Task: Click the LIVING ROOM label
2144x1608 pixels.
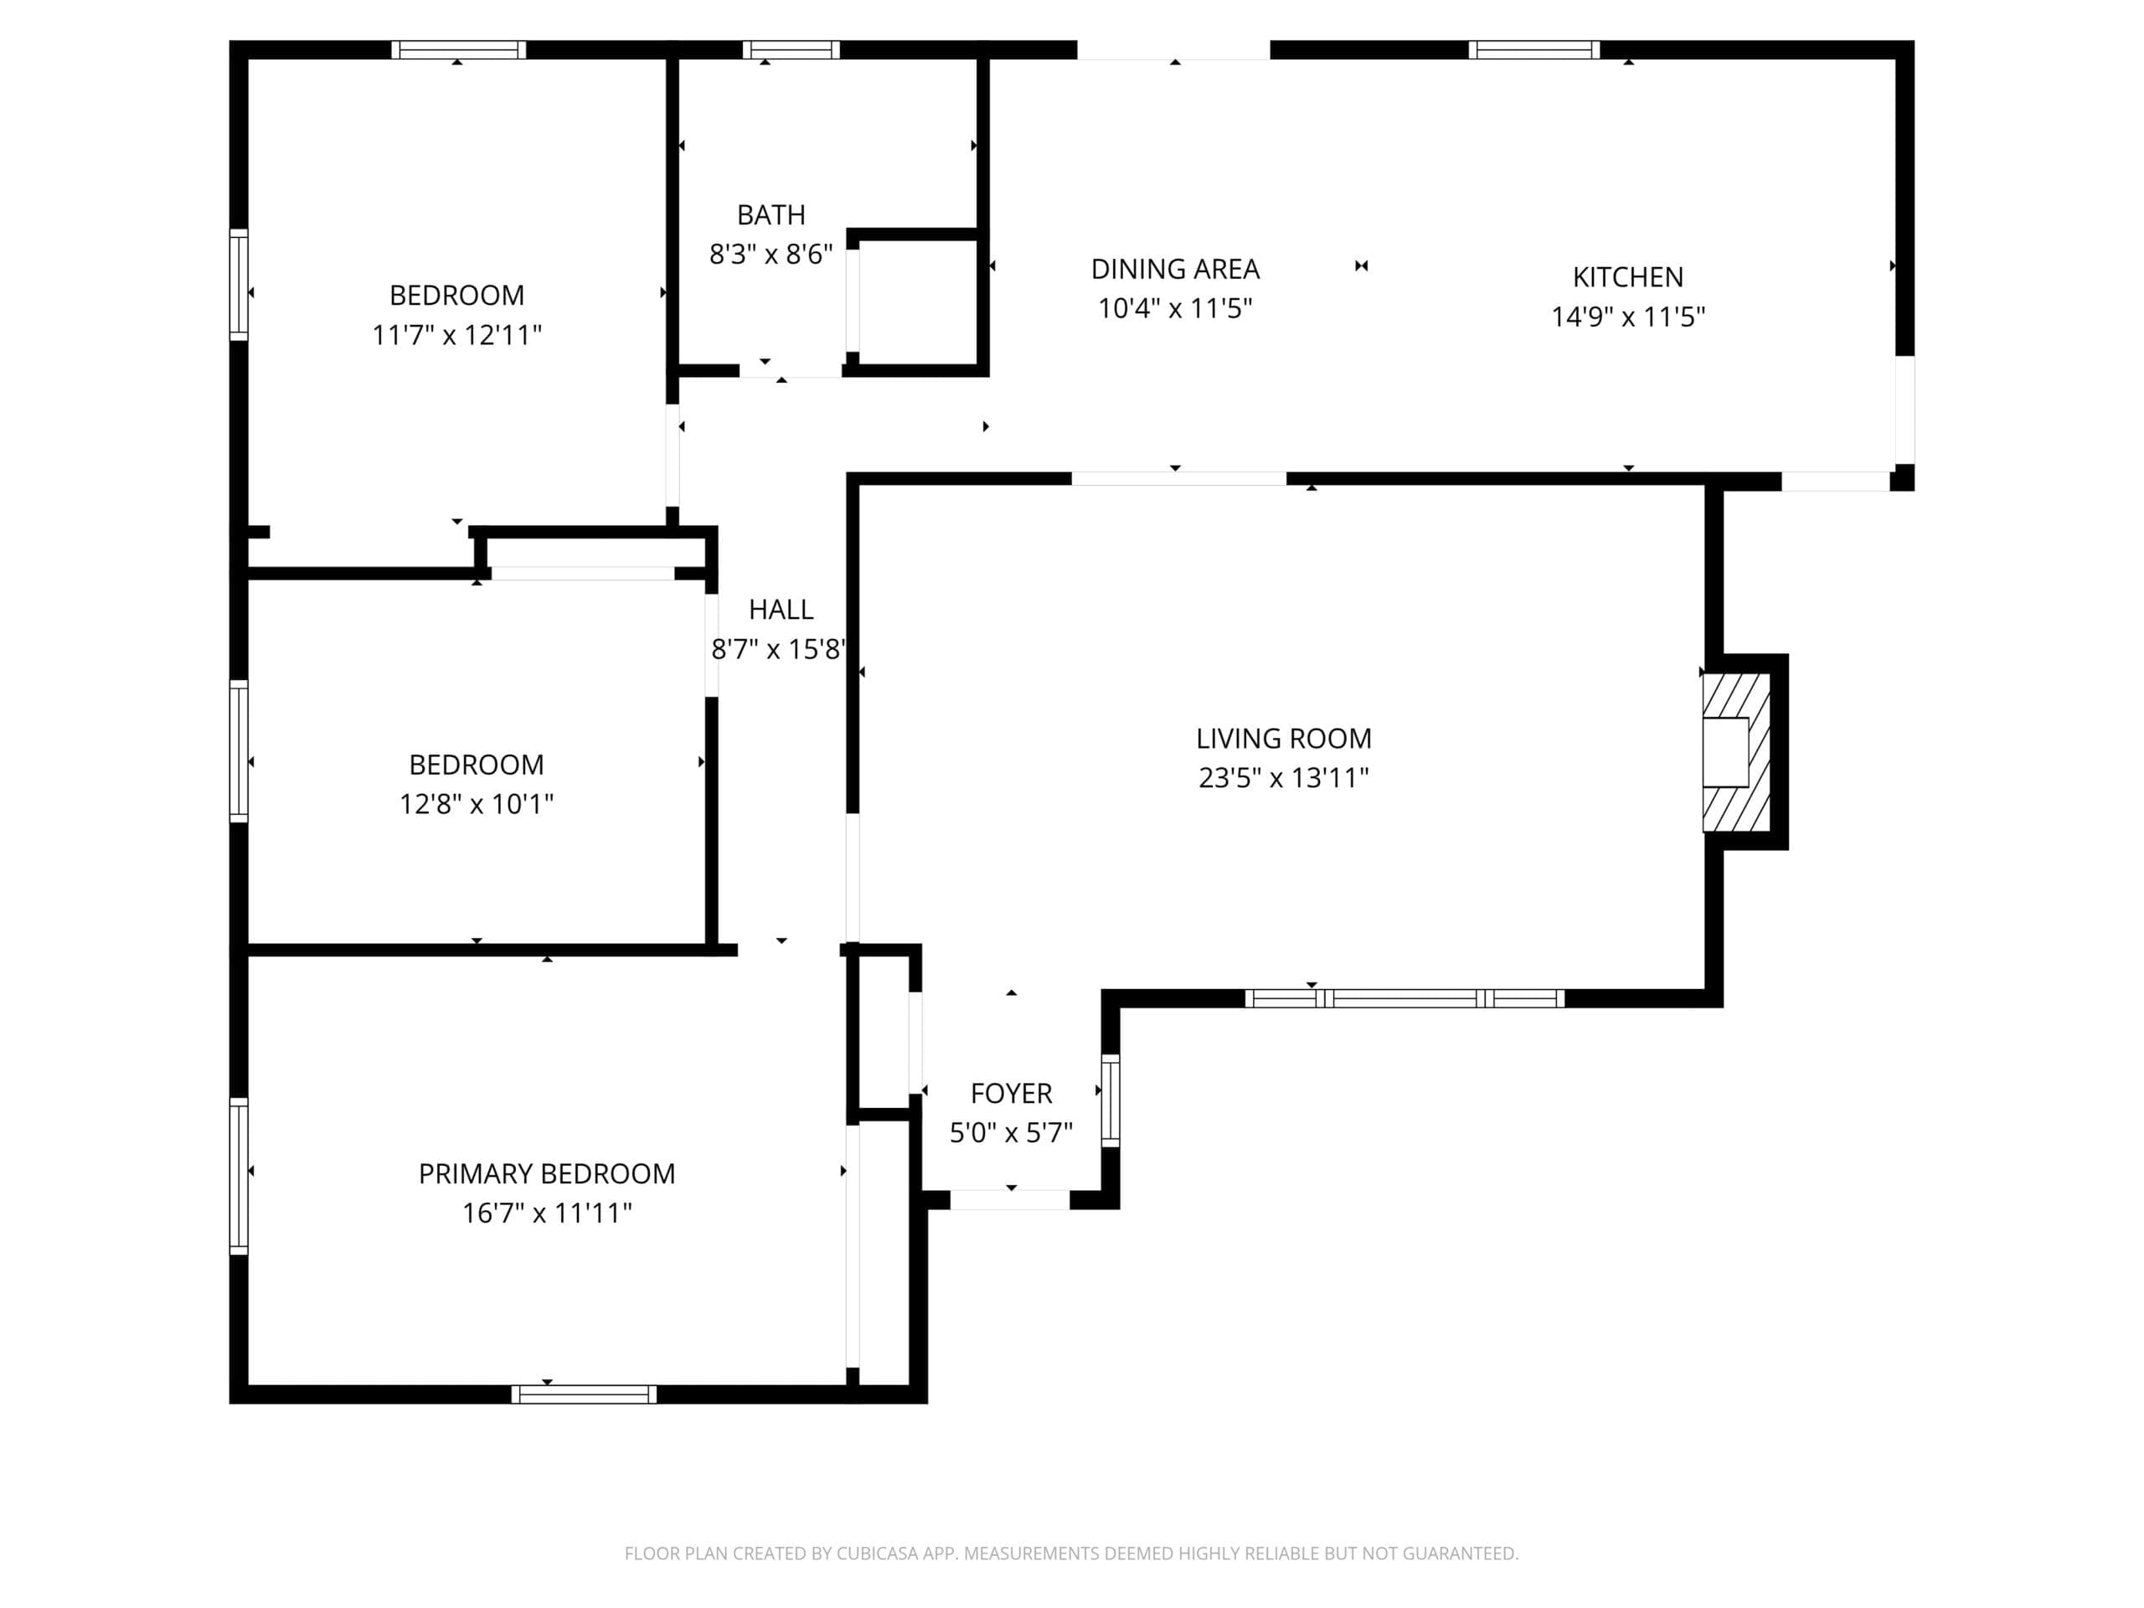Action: tap(1283, 739)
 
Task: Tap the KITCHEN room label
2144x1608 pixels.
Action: tap(1627, 277)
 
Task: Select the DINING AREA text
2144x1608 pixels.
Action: tap(1175, 269)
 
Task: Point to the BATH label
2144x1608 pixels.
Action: tap(770, 214)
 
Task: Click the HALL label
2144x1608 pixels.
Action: tap(781, 610)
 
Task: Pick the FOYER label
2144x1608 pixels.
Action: tap(1011, 1093)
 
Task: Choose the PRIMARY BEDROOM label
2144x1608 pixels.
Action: tap(547, 1174)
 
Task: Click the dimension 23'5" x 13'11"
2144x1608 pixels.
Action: tap(1283, 778)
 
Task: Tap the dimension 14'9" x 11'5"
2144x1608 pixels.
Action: tap(1627, 317)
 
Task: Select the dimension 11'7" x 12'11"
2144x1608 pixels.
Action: tap(456, 335)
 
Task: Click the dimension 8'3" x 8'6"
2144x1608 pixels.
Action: tap(770, 254)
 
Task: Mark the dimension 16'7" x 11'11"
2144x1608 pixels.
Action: tap(547, 1214)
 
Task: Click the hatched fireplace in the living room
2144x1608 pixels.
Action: tap(1736, 752)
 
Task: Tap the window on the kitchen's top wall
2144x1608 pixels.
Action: tap(1533, 49)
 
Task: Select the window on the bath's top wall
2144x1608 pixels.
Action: tap(791, 49)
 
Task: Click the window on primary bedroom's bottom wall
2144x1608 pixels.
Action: tap(584, 1394)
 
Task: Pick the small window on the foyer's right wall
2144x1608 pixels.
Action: tap(1111, 1100)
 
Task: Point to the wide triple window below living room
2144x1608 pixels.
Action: tap(1404, 998)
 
